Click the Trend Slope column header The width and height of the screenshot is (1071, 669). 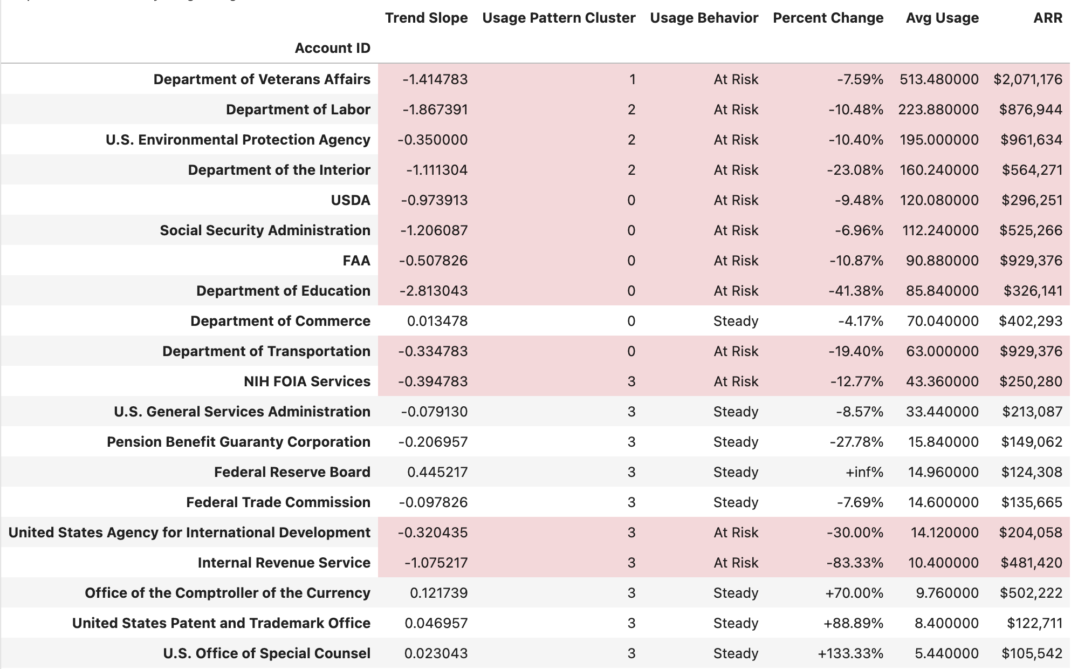(x=426, y=18)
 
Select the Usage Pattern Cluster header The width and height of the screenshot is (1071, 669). (x=559, y=18)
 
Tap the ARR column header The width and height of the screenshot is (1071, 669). (x=1047, y=18)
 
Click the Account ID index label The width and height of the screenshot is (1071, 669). (x=332, y=48)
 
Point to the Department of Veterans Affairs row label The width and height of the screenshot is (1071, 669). (x=262, y=79)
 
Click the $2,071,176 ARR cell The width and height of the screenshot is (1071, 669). (x=1027, y=79)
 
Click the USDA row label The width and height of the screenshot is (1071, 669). (x=351, y=200)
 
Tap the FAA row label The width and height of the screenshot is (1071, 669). (x=356, y=261)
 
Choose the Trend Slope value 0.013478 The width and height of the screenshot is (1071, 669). (x=437, y=321)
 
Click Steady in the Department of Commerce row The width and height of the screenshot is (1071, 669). (x=736, y=321)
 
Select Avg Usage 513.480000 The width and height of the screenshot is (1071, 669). (x=938, y=79)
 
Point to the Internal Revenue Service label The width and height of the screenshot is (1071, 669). (x=284, y=563)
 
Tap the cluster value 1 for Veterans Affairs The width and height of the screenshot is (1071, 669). (x=632, y=79)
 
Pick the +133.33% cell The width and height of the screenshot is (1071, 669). (x=850, y=653)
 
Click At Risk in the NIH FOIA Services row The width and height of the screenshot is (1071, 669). (x=736, y=381)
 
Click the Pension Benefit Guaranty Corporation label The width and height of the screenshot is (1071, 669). (x=238, y=442)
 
